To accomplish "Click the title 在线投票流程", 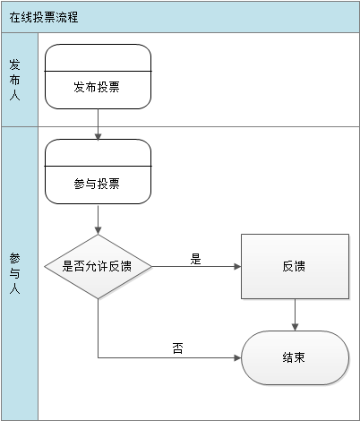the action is click(44, 17).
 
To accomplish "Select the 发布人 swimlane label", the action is click(14, 80).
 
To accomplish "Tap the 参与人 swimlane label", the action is click(14, 273).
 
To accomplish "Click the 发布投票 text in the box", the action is click(97, 87).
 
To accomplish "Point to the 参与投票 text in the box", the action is click(97, 184).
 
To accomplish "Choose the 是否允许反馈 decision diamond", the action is click(98, 266).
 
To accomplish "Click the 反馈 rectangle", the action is click(295, 266).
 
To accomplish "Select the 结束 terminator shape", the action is click(295, 357).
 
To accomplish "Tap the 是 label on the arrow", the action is click(196, 259).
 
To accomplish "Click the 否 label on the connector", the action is click(178, 348).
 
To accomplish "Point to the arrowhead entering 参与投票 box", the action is click(98, 136).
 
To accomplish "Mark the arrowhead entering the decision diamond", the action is click(98, 230).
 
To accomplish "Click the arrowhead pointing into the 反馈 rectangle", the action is click(237, 266).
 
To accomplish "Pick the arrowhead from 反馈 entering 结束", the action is click(295, 327).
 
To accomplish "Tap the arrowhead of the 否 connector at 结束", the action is click(237, 357).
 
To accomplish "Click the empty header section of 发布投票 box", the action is click(98, 58).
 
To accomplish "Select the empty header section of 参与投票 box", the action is click(98, 153).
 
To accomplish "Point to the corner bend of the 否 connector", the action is click(99, 357).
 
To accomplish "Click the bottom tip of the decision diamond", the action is click(98, 298).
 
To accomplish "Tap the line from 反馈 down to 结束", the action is click(295, 314).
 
